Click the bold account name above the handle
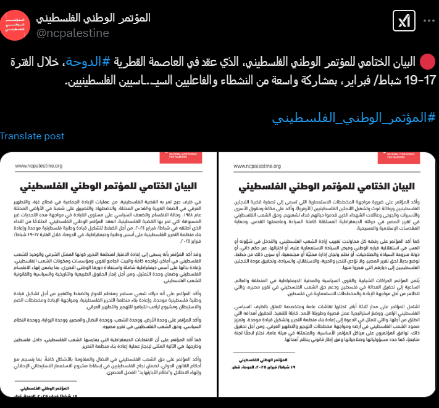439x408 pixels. click(x=94, y=18)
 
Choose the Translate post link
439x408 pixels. click(x=32, y=136)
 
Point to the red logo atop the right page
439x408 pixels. click(x=397, y=158)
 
